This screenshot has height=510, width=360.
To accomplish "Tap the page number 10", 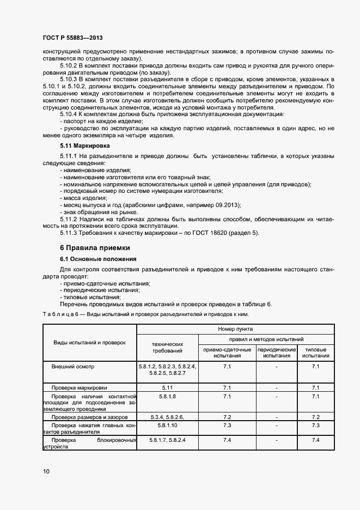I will click(46, 471).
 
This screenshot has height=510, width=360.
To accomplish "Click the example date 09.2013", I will click(225, 204).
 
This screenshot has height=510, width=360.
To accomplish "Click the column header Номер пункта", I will click(235, 329).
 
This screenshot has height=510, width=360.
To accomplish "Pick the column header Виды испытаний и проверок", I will click(89, 342).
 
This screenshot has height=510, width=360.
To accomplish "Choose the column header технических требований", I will click(167, 348).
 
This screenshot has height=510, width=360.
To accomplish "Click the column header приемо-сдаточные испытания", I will click(228, 352).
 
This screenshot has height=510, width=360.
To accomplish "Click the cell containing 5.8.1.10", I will click(167, 424).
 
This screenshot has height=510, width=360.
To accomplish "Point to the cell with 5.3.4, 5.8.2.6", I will click(167, 416).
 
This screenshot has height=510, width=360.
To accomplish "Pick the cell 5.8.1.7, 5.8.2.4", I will click(167, 439).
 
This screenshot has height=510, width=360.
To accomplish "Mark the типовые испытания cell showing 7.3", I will click(315, 424).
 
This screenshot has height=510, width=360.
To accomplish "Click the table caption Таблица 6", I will click(57, 315).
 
